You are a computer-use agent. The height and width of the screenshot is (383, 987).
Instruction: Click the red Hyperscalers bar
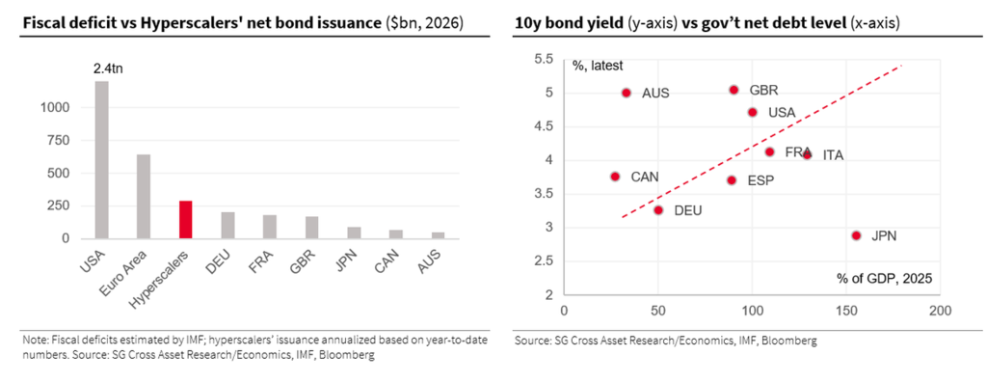click(186, 220)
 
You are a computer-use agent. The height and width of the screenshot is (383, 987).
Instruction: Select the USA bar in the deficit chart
click(102, 160)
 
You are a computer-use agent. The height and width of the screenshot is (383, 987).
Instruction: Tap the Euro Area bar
click(144, 197)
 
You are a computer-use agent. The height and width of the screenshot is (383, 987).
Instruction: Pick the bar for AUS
click(439, 235)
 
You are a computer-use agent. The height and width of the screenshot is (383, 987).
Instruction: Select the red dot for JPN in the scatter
click(856, 235)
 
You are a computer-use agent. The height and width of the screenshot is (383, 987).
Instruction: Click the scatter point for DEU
click(658, 209)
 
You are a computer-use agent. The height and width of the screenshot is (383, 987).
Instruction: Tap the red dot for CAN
click(615, 177)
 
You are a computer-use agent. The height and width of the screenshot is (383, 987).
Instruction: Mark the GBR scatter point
click(734, 90)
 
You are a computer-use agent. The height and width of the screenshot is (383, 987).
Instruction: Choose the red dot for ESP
click(732, 180)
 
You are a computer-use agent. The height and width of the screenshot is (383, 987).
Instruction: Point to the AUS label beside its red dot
click(655, 94)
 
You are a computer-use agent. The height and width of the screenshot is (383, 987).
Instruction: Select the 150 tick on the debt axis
click(846, 312)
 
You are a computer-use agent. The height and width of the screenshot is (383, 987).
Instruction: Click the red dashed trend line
click(761, 141)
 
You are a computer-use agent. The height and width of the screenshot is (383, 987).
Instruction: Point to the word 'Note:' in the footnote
click(35, 340)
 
